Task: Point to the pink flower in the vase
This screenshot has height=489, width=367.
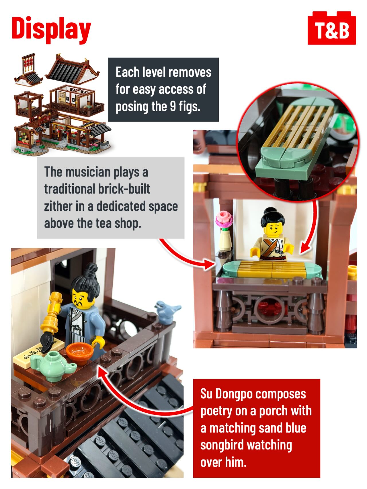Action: pos(224,220)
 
